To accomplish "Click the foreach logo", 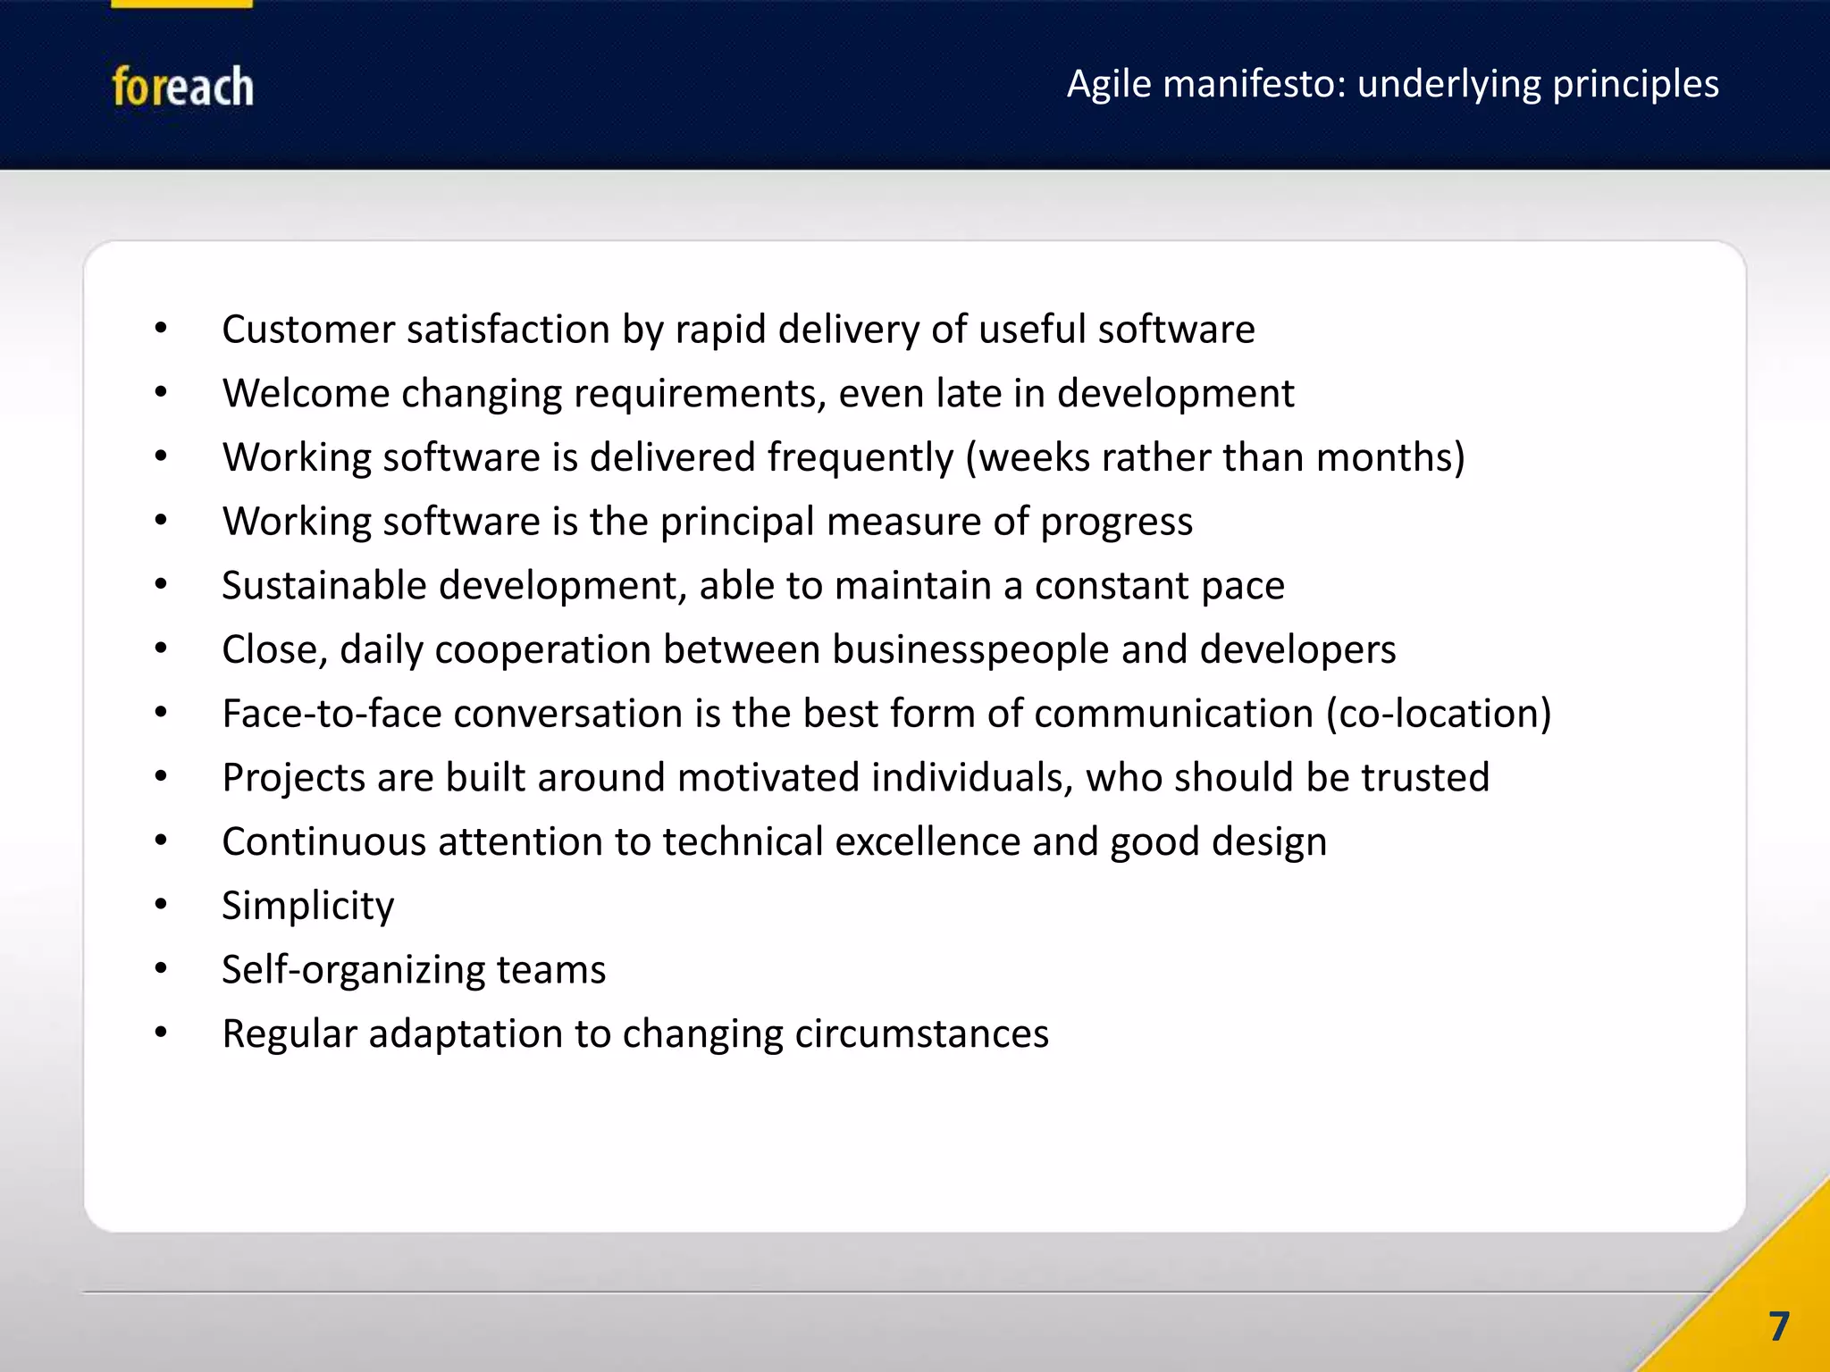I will pyautogui.click(x=182, y=87).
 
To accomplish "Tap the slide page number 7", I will pyautogui.click(x=1778, y=1326).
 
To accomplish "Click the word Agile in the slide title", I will pyautogui.click(x=1109, y=84).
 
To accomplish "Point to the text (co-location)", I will pyautogui.click(x=1439, y=714).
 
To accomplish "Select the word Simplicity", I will pyautogui.click(x=307, y=907).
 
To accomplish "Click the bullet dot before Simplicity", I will pyautogui.click(x=161, y=904).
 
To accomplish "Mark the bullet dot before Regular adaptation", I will pyautogui.click(x=161, y=1033).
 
